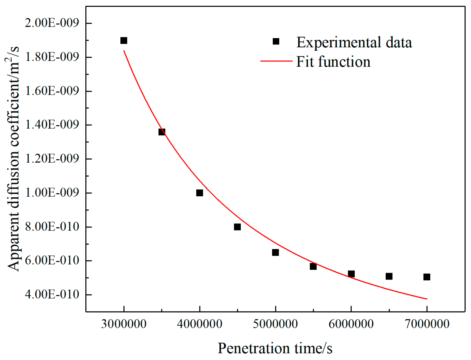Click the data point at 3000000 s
[x=124, y=40]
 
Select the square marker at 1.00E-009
[x=200, y=193]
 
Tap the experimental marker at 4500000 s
[x=237, y=227]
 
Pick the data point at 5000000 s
[x=275, y=253]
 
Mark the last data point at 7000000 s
[x=427, y=277]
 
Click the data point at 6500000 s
[x=389, y=276]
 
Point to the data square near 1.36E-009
[x=162, y=132]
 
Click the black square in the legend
[x=276, y=42]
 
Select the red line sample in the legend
[x=276, y=61]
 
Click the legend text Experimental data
[x=354, y=42]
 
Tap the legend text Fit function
[x=333, y=62]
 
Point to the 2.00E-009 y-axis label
[x=52, y=23]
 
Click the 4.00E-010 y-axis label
[x=52, y=295]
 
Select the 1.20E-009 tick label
[x=52, y=159]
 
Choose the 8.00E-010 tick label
[x=52, y=227]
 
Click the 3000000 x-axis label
[x=124, y=324]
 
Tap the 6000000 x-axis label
[x=351, y=324]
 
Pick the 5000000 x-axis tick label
[x=275, y=324]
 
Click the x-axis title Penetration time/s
[x=275, y=348]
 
